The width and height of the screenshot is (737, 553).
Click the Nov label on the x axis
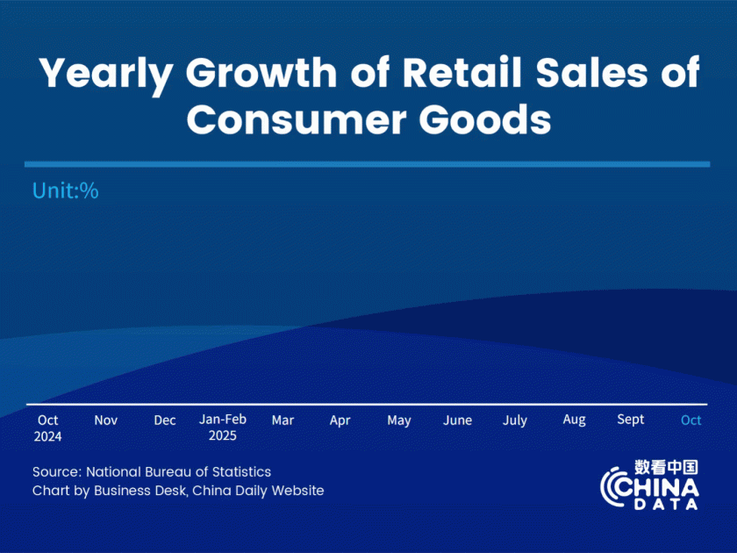[106, 420]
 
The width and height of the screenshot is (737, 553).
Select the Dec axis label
[165, 420]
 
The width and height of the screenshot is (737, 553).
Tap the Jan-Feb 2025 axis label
[223, 427]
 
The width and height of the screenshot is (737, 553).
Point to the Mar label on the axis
[283, 420]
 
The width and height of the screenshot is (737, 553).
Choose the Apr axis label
[340, 420]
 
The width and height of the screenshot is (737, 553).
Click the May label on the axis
[399, 420]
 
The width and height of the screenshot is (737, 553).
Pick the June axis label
[458, 420]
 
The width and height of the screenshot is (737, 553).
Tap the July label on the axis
[515, 420]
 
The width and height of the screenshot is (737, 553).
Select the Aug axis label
[574, 420]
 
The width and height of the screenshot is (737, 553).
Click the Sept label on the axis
[631, 420]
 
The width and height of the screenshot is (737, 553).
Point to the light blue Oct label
[691, 420]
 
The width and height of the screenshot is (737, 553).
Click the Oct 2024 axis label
[48, 427]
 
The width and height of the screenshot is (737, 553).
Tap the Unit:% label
[65, 190]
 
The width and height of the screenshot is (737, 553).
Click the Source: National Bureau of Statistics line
[152, 472]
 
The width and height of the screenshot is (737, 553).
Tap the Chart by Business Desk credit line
[178, 491]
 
